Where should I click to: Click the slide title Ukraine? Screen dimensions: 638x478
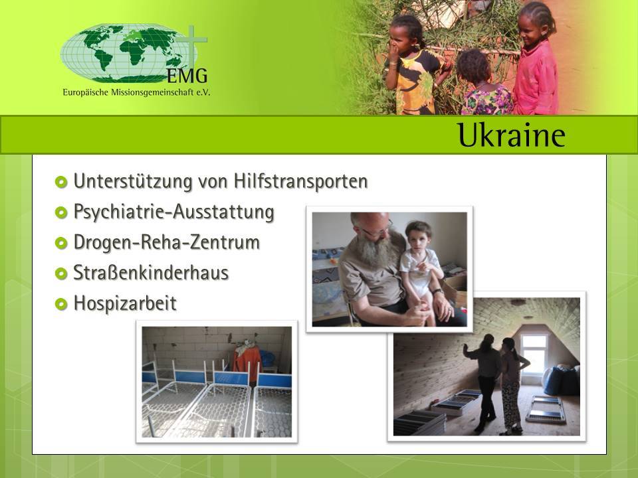[x=512, y=135]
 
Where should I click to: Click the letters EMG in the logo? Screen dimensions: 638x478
[x=187, y=75]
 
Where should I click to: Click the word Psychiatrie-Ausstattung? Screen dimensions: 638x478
[x=173, y=212]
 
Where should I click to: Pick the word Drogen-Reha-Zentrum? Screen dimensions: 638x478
[x=166, y=242]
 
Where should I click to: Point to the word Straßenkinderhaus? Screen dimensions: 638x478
[x=151, y=273]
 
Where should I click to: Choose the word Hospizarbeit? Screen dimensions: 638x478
[x=125, y=303]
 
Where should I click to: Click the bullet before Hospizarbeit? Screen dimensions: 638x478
[x=61, y=304]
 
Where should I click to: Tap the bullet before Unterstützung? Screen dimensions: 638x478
[x=61, y=182]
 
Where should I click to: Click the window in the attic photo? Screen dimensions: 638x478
[x=534, y=353]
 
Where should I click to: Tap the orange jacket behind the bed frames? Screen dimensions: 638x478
[x=247, y=362]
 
